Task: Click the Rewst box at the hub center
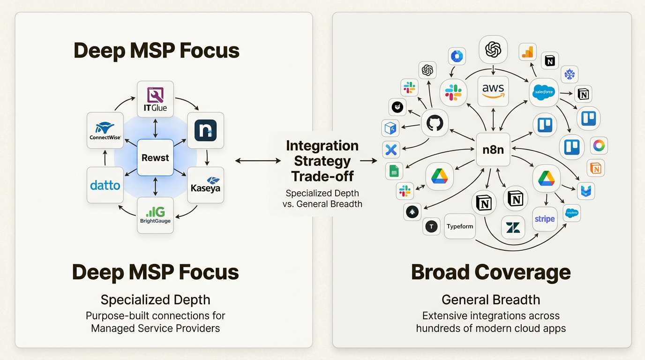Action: coord(155,157)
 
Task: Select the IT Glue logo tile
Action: coord(155,99)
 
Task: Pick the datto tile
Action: coord(105,185)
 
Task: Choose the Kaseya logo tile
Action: coord(205,185)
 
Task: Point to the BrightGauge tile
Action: coord(155,215)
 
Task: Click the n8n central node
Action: coord(493,150)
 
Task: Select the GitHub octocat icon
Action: coord(435,124)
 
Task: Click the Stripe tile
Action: coord(544,219)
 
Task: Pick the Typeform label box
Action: coord(460,226)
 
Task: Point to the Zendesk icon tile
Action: coord(513,228)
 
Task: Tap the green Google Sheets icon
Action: coord(394,172)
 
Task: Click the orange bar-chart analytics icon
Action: coord(528,52)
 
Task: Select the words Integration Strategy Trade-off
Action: coord(322,161)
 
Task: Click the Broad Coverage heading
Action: coord(491,272)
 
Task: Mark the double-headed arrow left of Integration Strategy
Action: coord(258,161)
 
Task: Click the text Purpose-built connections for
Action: coord(155,315)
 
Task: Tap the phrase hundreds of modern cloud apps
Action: coord(491,328)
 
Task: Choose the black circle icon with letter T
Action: coord(431,227)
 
